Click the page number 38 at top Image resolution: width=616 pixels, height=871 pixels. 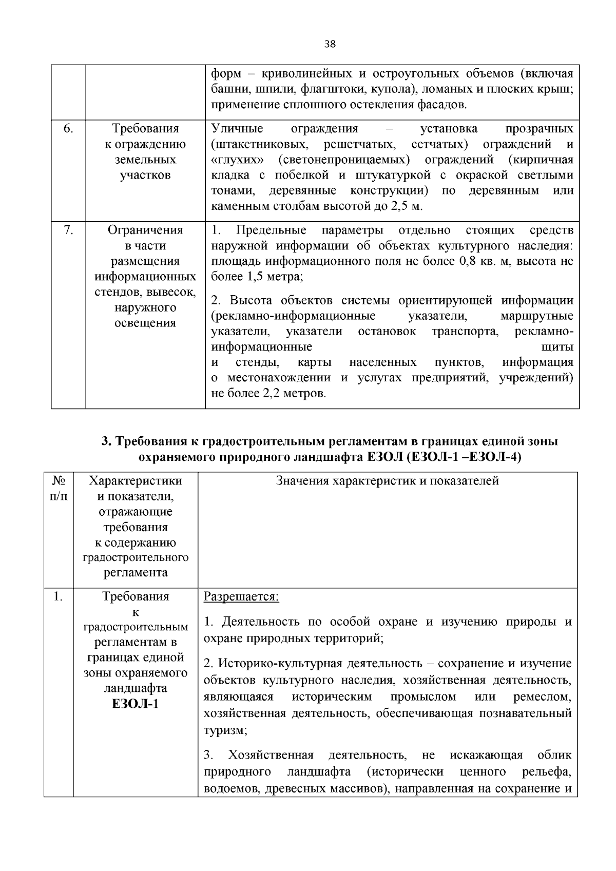330,44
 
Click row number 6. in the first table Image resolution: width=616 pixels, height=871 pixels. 68,128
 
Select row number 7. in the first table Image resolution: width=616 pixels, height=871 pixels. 68,230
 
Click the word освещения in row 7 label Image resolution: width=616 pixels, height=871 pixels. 145,323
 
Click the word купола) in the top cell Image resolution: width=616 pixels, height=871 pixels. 397,89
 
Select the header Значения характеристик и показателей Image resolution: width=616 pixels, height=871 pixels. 388,481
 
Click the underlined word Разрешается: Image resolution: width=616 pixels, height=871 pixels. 241,597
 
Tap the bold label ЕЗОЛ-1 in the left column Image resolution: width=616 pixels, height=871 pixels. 136,703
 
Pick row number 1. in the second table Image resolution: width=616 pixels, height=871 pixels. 58,597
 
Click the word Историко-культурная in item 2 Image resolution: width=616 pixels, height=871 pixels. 273,664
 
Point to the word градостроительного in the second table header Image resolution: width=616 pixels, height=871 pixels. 136,557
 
